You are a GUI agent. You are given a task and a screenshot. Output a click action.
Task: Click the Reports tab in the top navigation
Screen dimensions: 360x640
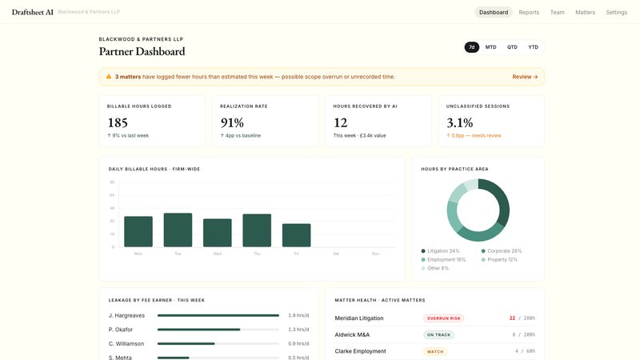(x=529, y=12)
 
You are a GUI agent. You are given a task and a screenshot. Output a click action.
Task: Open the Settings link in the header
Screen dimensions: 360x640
(x=617, y=12)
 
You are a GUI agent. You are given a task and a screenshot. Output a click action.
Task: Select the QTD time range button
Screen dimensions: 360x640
(x=512, y=47)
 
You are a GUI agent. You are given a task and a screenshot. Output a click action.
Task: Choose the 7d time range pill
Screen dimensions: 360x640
(x=472, y=47)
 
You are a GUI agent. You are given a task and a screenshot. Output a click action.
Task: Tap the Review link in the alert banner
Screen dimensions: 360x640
(x=525, y=77)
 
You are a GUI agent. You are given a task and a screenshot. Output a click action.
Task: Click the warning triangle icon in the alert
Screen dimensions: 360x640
(x=109, y=77)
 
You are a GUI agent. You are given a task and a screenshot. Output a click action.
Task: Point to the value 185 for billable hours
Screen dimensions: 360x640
(x=118, y=122)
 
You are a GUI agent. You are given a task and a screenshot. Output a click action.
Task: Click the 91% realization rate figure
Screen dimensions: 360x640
(x=232, y=122)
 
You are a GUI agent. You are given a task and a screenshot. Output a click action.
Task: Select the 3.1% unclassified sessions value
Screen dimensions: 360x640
(x=459, y=122)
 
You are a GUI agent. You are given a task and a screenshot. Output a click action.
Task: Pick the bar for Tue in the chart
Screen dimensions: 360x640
(x=178, y=230)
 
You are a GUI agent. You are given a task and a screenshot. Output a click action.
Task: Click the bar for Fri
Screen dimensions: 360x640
(x=296, y=235)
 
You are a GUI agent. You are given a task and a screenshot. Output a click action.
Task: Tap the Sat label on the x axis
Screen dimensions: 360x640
(x=336, y=254)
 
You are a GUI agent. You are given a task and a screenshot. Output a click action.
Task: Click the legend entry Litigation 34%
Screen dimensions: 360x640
(x=443, y=251)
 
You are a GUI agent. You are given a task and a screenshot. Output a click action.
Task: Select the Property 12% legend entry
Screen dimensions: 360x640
(x=500, y=259)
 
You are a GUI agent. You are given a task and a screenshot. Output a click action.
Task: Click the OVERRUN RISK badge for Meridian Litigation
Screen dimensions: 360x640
(x=443, y=318)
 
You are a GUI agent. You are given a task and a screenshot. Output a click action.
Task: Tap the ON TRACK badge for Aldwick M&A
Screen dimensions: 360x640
(x=439, y=334)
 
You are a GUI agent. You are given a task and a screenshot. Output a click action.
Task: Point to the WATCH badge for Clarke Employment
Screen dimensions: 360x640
(x=435, y=351)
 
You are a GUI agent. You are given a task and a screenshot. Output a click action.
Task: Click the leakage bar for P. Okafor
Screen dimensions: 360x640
(x=198, y=330)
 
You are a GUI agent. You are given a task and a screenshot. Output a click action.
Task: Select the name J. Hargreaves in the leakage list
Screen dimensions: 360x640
(x=126, y=315)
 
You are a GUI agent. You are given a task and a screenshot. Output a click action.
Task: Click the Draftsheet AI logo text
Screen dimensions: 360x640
(x=33, y=12)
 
